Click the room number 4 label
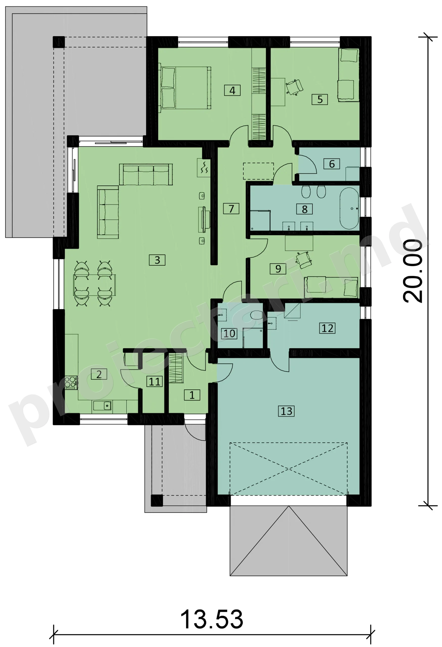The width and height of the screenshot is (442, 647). (x=232, y=90)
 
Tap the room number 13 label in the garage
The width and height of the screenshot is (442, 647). (x=286, y=411)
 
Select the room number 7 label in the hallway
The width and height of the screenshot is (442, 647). (x=231, y=209)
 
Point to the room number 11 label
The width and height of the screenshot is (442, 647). (x=155, y=381)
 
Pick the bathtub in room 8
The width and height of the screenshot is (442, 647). (x=349, y=208)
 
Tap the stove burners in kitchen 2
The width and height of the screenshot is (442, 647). (x=71, y=382)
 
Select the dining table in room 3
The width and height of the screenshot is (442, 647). (x=94, y=285)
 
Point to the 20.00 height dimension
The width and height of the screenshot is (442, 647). (x=413, y=271)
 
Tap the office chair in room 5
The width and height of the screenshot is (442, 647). (x=294, y=87)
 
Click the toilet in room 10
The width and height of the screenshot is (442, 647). (x=256, y=315)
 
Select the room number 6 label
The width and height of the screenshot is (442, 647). (x=332, y=164)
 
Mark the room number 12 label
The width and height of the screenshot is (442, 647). (x=327, y=328)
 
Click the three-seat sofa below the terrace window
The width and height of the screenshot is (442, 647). (x=146, y=175)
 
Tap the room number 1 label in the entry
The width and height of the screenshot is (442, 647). (x=192, y=395)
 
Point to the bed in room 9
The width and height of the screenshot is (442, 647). (x=331, y=287)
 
